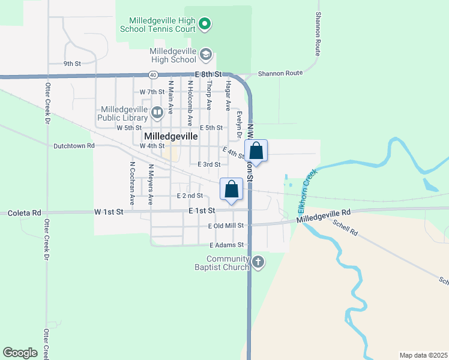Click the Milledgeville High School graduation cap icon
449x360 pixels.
206,55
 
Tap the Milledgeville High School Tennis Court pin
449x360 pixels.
205,25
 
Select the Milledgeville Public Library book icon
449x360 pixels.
157,112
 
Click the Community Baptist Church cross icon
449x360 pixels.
258,262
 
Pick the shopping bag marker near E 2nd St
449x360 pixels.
231,190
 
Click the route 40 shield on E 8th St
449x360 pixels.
154,74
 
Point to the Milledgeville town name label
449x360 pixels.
171,136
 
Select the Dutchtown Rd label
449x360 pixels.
74,145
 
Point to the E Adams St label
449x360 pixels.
226,245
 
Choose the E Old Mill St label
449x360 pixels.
226,226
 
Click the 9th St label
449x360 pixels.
72,63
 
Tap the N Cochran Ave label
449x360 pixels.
131,181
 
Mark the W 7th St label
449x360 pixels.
151,92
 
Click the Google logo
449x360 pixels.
20,353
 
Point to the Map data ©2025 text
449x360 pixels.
423,355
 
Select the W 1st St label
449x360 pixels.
108,212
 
